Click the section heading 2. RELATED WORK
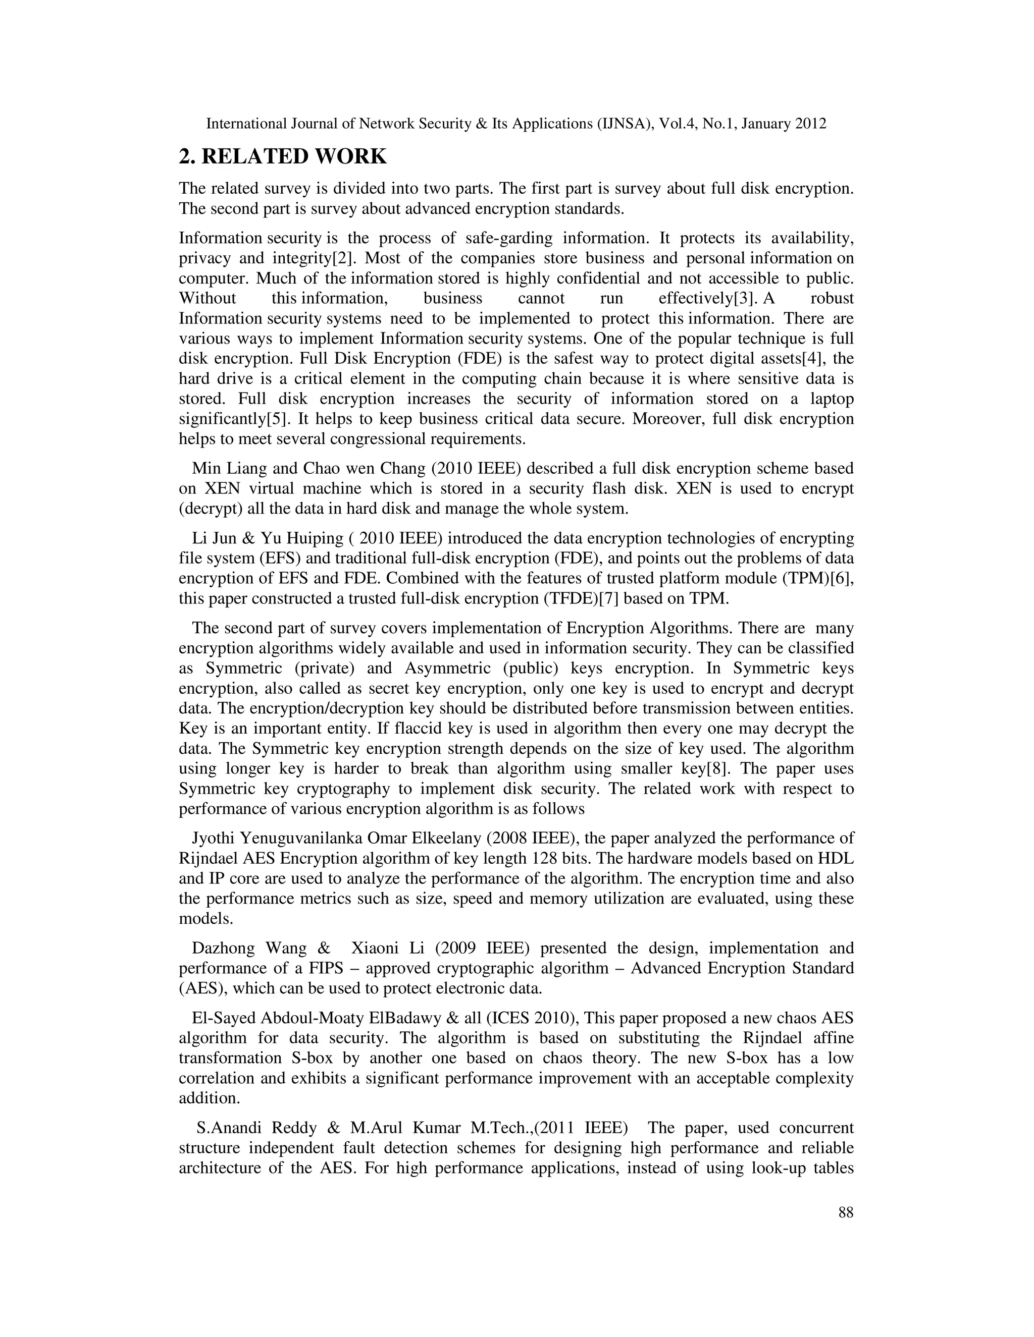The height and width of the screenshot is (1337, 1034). coord(282,157)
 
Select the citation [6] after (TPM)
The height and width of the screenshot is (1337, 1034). coord(842,579)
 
